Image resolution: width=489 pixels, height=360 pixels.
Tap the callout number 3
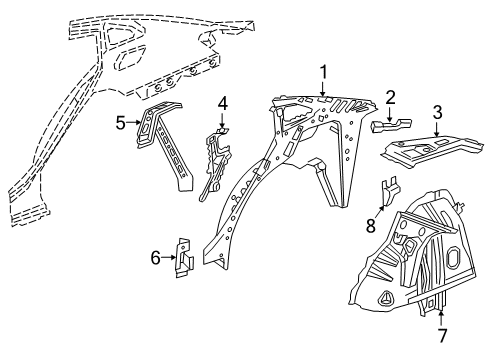point(437,110)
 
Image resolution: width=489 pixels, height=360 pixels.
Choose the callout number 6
point(155,257)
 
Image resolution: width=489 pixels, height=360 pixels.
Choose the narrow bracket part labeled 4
point(217,160)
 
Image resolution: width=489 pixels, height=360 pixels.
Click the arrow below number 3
point(437,127)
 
